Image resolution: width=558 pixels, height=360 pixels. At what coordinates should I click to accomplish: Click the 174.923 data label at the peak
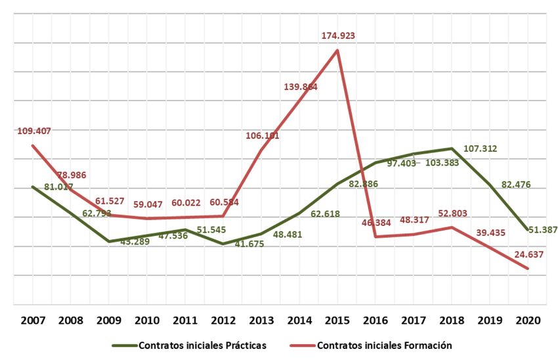[338, 35]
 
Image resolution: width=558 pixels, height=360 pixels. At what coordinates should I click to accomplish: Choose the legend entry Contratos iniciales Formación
[384, 345]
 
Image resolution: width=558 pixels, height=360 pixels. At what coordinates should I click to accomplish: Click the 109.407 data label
[34, 131]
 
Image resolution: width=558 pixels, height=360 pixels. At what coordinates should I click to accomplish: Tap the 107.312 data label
[480, 148]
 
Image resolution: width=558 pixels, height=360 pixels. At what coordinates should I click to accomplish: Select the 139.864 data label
[301, 86]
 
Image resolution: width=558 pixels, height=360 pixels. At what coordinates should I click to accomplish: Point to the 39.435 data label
[490, 242]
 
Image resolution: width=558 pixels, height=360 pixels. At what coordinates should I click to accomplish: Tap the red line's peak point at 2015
[337, 50]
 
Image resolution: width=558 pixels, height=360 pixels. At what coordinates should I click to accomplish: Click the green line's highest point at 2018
[452, 148]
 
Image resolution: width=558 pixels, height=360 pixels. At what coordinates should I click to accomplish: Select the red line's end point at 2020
[528, 268]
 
